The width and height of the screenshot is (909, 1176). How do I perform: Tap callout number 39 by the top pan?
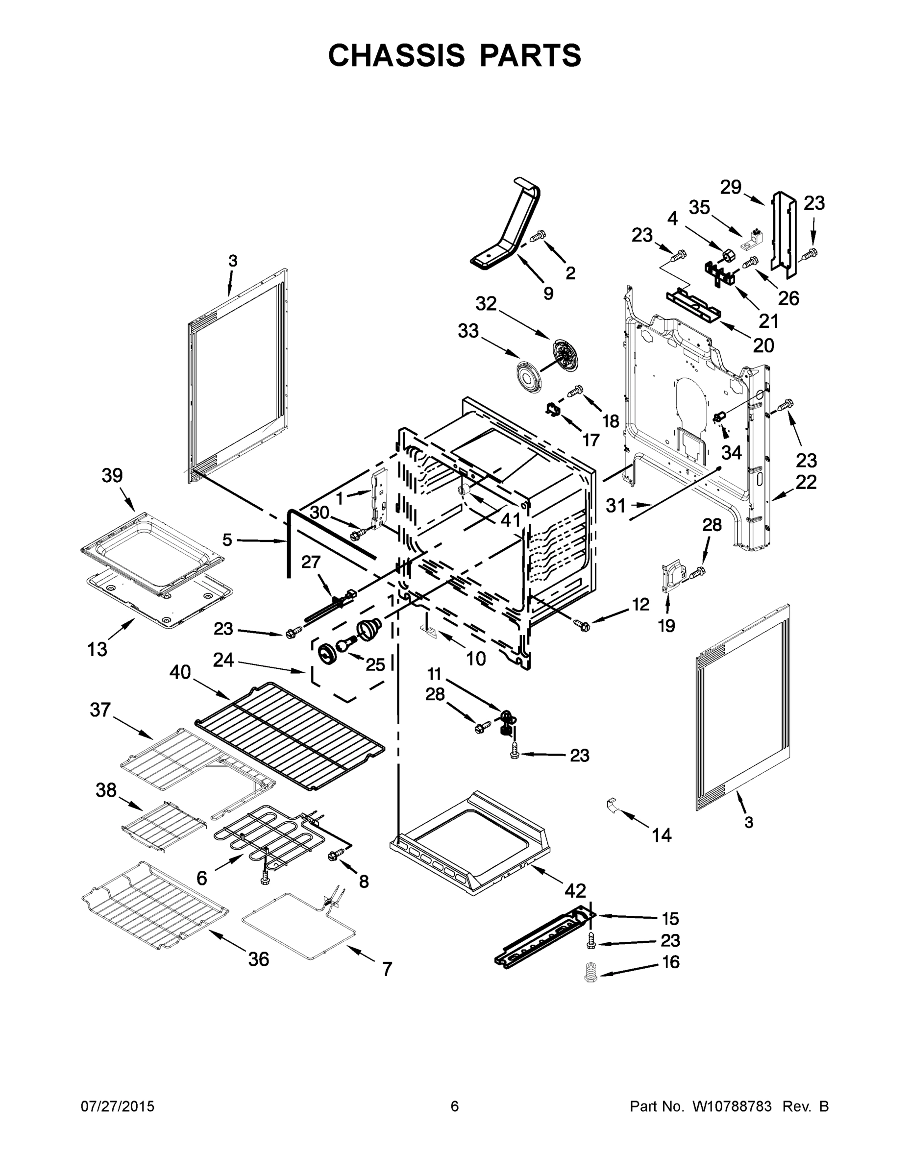point(112,475)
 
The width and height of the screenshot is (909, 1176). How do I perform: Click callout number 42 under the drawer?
point(575,891)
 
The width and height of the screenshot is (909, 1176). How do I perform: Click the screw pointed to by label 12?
point(582,625)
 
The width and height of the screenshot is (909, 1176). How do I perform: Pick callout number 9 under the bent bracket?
point(548,294)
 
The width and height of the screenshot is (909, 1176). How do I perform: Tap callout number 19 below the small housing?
point(666,625)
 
